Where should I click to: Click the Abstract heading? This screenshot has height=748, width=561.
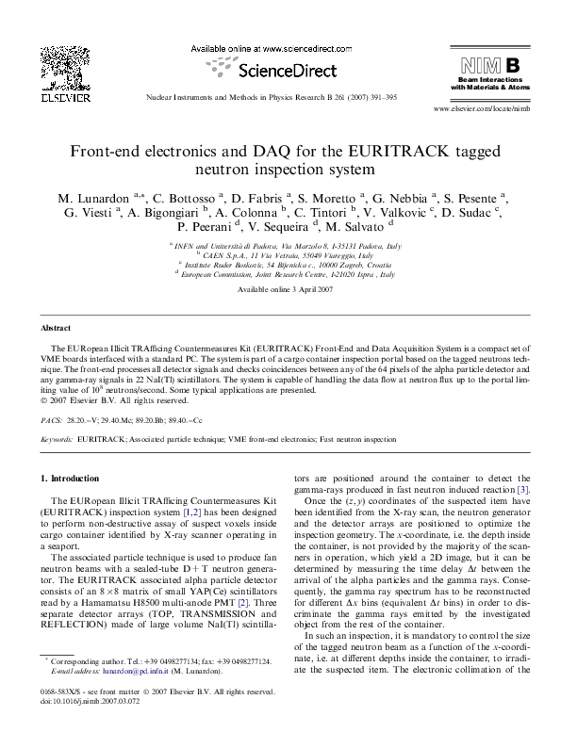point(58,327)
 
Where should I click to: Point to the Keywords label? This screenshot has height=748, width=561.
point(58,439)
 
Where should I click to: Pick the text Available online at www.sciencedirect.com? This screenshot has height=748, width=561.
point(280,48)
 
